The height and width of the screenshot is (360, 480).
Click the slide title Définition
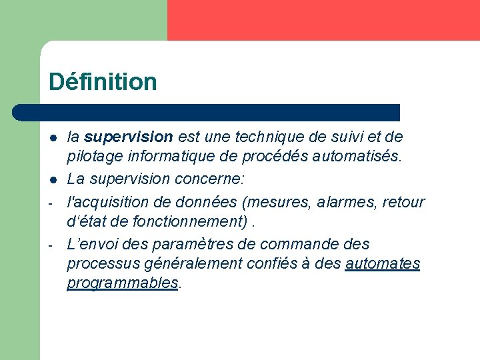(103, 82)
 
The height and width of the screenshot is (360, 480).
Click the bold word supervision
(129, 137)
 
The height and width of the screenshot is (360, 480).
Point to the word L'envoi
(92, 244)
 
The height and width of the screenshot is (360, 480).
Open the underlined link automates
(383, 263)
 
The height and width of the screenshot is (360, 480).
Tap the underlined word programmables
(123, 283)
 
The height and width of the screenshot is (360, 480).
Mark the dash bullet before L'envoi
(51, 245)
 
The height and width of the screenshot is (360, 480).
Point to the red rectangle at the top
(323, 20)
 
